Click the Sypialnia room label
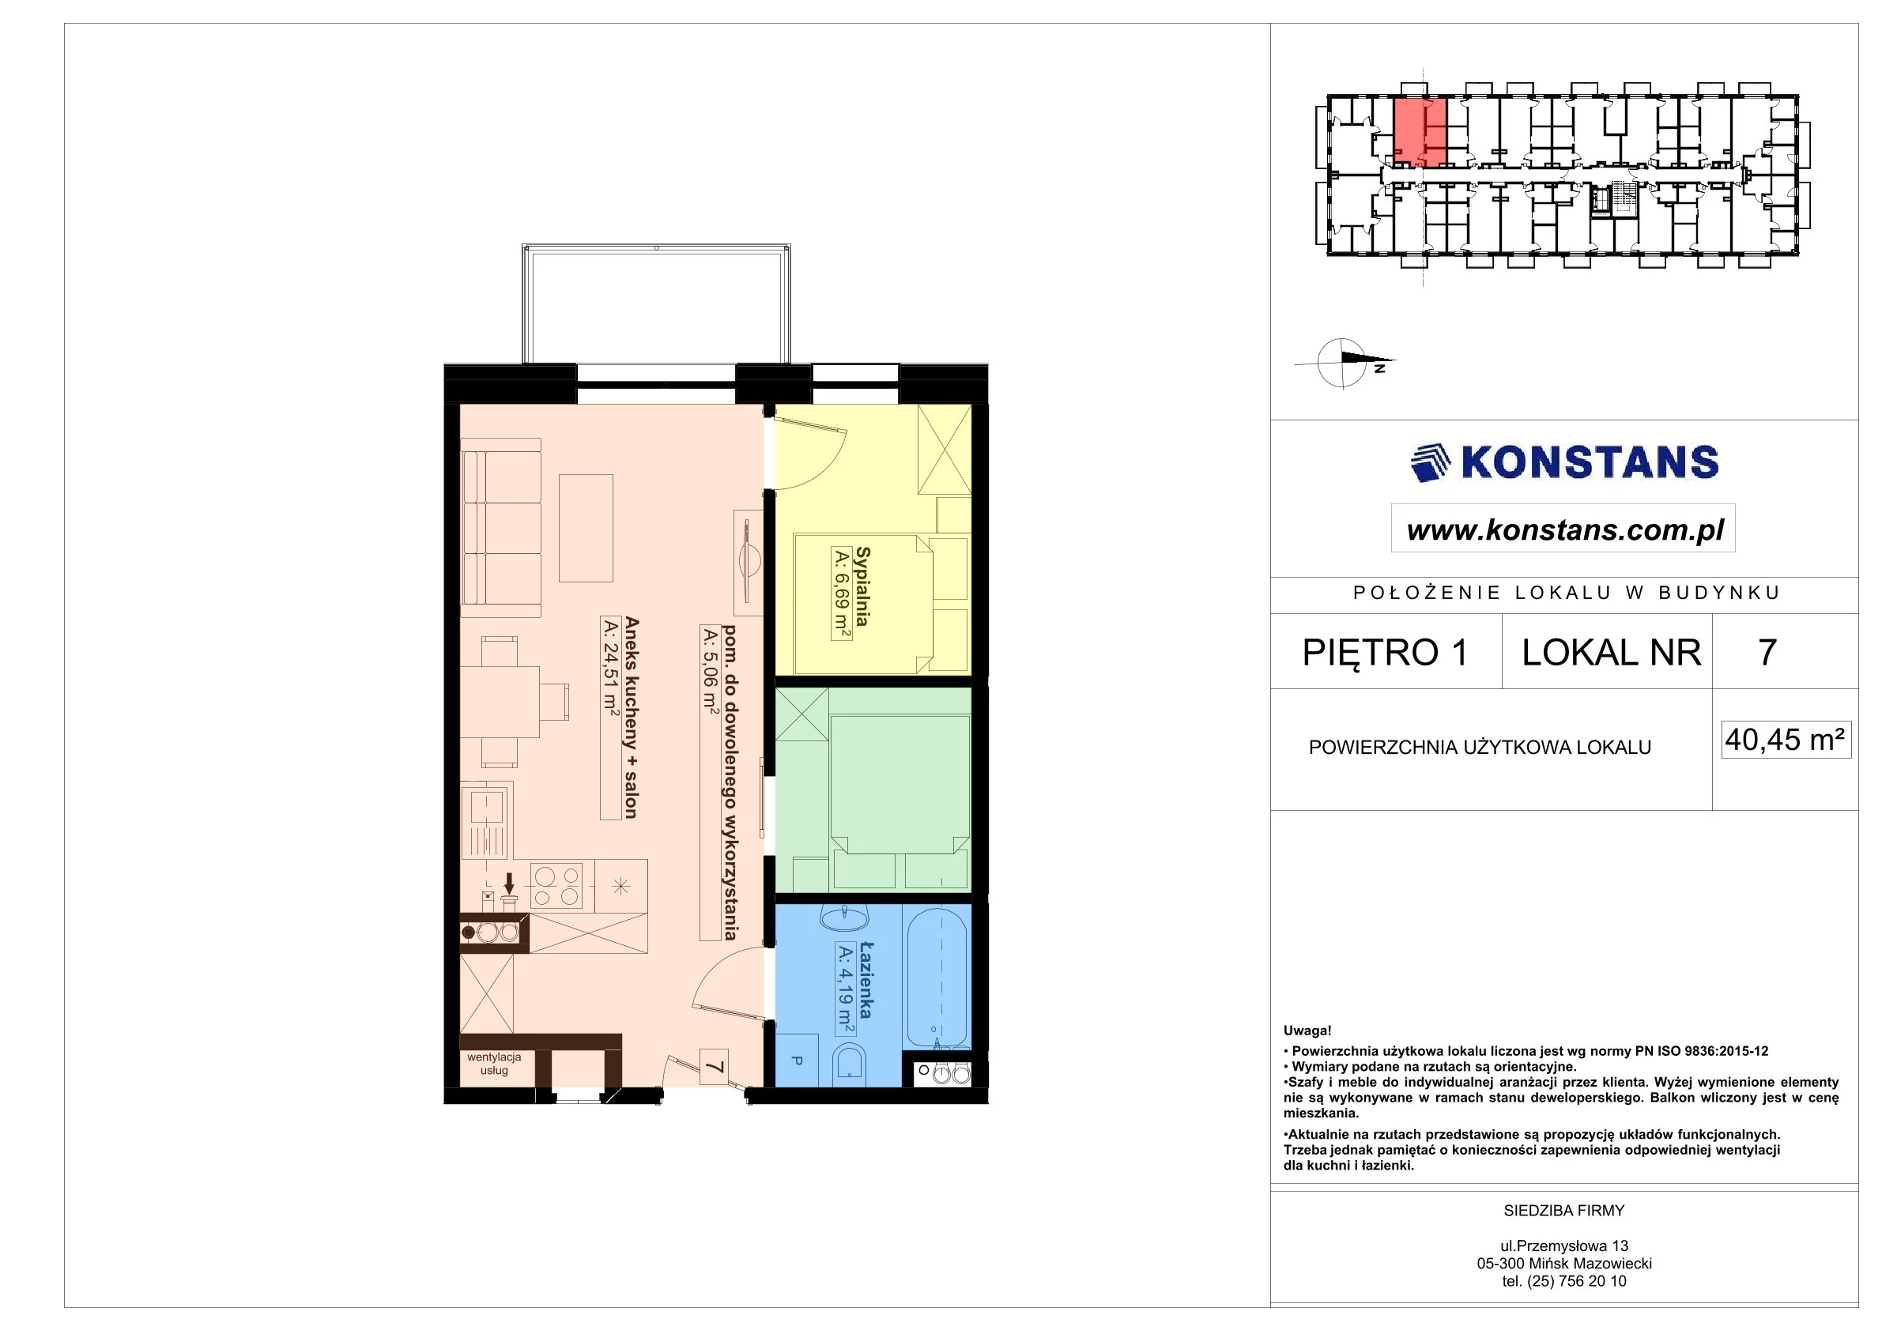point(862,586)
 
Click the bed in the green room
point(900,786)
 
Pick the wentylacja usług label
point(494,1064)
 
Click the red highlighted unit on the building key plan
point(1420,133)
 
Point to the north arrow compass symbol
point(1345,362)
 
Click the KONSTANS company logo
point(1564,462)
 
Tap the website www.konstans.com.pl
point(1565,529)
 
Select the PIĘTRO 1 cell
point(1386,652)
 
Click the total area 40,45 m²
point(1786,739)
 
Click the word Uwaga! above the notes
point(1307,1031)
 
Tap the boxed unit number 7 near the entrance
point(714,1067)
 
